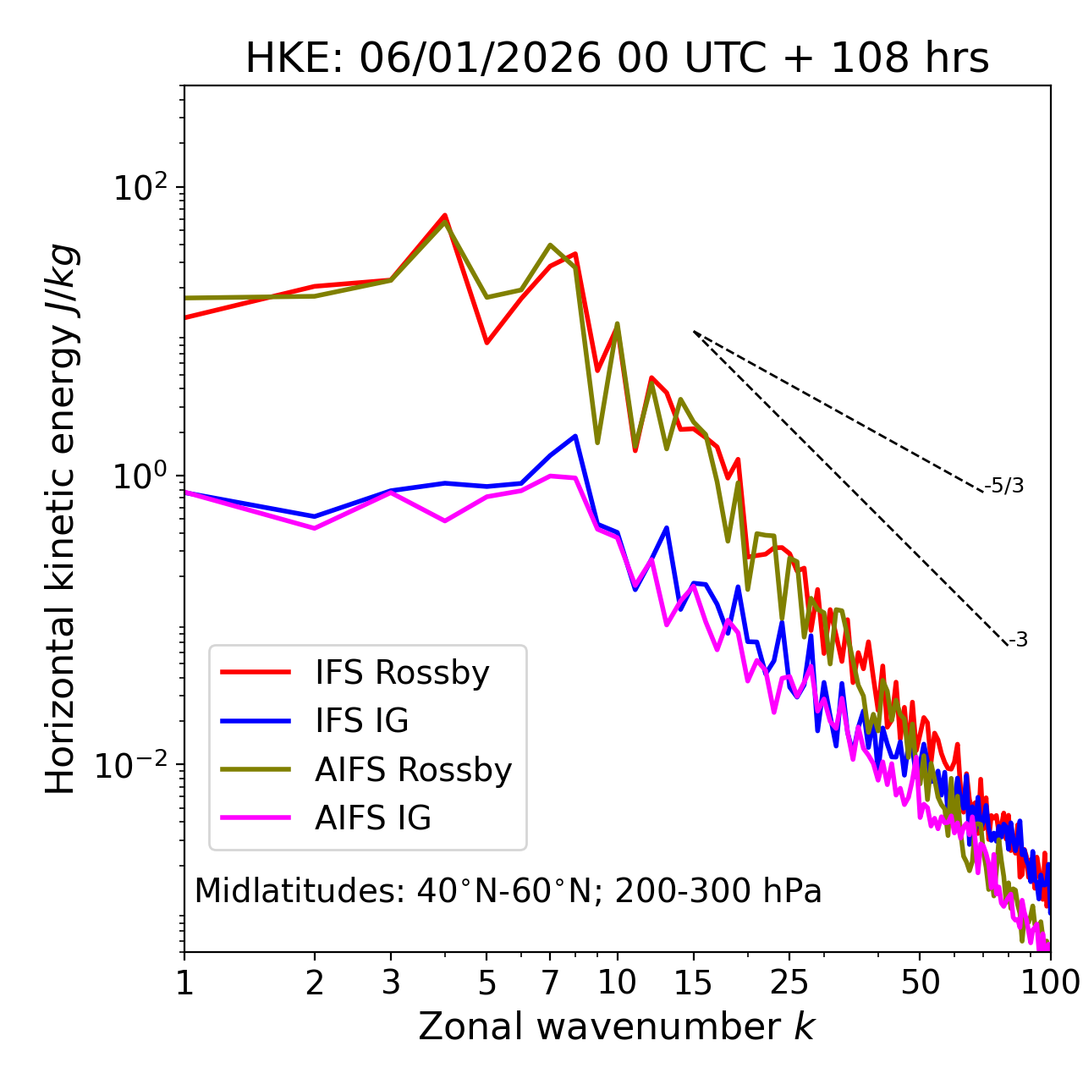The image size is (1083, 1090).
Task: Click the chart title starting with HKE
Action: tap(617, 58)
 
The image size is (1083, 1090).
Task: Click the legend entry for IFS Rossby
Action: tap(402, 673)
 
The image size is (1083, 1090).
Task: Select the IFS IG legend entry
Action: tap(361, 721)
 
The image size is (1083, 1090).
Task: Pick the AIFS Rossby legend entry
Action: tap(413, 770)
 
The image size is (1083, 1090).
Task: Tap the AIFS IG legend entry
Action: tap(372, 818)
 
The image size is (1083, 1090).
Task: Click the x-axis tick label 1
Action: tap(184, 983)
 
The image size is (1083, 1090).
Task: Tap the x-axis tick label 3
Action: tap(391, 983)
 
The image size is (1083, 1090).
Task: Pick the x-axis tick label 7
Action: tap(550, 983)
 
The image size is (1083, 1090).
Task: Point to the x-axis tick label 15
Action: tap(693, 983)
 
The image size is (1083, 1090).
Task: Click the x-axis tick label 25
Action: tap(789, 983)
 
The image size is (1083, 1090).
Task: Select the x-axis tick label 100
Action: tap(1050, 983)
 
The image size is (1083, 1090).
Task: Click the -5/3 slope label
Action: tap(1004, 486)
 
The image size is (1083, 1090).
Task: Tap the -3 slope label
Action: tap(1018, 641)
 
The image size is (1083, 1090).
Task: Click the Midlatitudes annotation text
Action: tap(508, 891)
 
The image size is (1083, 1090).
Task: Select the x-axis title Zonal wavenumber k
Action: tap(616, 1027)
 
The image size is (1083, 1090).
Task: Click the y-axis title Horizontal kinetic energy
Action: tap(61, 518)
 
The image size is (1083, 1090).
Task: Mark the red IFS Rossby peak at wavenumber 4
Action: tap(445, 216)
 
